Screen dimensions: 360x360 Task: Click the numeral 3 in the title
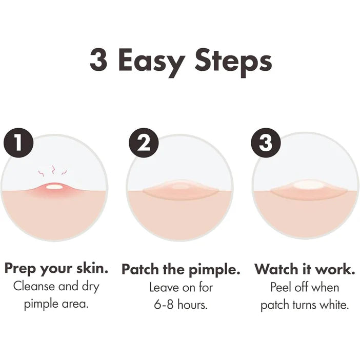[98, 59]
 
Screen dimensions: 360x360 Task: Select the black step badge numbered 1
[18, 143]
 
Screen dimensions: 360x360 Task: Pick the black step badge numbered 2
[144, 143]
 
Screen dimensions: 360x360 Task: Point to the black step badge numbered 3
[266, 143]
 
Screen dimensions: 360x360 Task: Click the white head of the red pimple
[54, 187]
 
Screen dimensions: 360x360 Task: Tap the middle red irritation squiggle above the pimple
[53, 170]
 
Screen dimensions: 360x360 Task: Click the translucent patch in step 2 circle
[180, 191]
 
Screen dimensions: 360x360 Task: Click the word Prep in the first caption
[20, 269]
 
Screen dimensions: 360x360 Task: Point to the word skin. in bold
[92, 268]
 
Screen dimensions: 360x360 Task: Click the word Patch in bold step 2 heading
[141, 269]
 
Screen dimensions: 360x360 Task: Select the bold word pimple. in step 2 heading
[214, 270]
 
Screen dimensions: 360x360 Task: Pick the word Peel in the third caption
[281, 287]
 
